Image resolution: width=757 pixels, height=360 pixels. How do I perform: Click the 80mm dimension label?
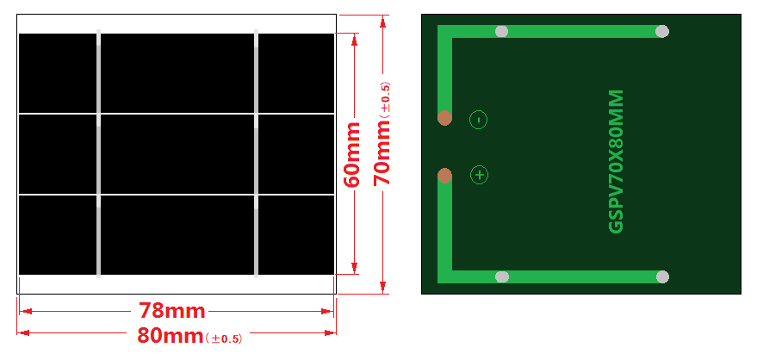(x=171, y=335)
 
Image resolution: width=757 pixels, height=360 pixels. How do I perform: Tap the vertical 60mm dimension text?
(x=353, y=154)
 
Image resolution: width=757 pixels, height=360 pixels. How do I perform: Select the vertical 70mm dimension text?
(x=382, y=152)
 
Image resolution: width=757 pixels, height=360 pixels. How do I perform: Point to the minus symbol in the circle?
(x=479, y=120)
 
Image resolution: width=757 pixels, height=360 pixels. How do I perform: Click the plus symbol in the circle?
(x=479, y=176)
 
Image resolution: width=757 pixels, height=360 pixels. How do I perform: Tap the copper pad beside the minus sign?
(x=444, y=117)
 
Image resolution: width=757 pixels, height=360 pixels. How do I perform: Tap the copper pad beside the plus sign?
(x=444, y=176)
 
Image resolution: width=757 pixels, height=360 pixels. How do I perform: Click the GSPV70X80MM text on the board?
(x=617, y=161)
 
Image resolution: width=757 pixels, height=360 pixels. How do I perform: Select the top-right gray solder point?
(x=662, y=32)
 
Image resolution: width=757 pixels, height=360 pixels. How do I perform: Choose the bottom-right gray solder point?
(x=662, y=276)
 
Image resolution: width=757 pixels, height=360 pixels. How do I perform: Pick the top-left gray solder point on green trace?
(x=502, y=32)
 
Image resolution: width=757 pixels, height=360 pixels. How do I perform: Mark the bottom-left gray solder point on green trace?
(x=502, y=276)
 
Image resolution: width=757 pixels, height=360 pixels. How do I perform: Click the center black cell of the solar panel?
(x=177, y=154)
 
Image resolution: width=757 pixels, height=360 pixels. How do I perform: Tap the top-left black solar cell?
(x=58, y=73)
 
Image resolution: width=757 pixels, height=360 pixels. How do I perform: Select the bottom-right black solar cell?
(x=295, y=235)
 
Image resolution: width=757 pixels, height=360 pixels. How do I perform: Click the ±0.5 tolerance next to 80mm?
(x=224, y=338)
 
